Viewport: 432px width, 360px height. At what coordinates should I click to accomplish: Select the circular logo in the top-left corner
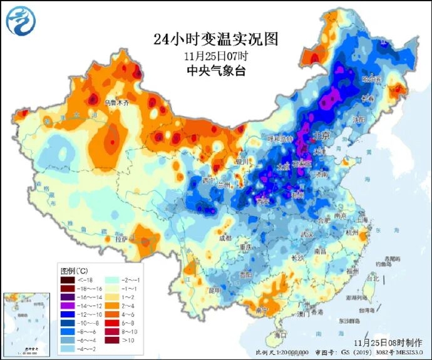click(x=21, y=20)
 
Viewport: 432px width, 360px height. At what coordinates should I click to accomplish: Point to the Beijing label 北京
click(x=321, y=136)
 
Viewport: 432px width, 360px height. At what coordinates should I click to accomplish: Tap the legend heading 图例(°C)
click(x=75, y=270)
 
